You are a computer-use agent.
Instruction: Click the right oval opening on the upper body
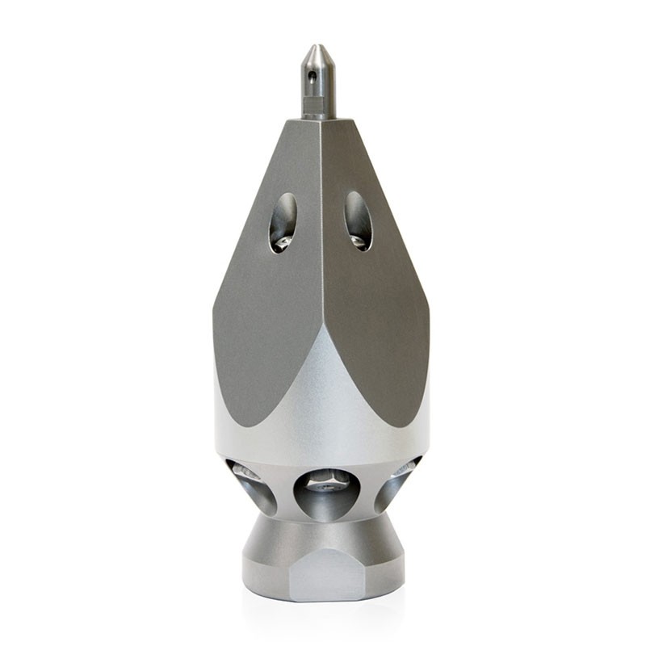click(x=358, y=220)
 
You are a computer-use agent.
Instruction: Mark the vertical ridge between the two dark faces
click(x=321, y=242)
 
